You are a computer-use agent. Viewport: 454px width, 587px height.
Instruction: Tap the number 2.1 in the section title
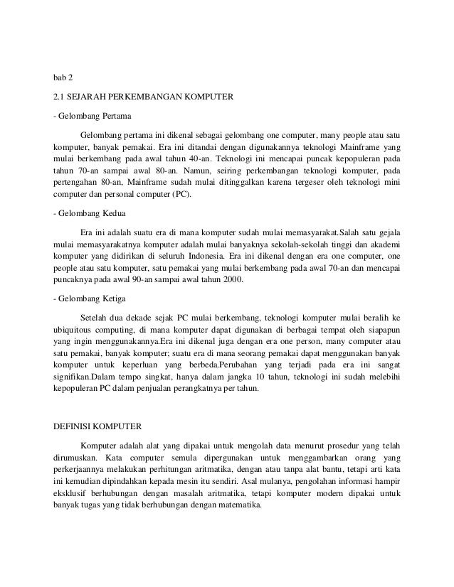pyautogui.click(x=61, y=94)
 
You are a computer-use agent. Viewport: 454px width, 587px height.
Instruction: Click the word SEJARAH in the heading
pyautogui.click(x=95, y=94)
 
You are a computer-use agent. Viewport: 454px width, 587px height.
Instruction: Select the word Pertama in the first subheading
pyautogui.click(x=115, y=114)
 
